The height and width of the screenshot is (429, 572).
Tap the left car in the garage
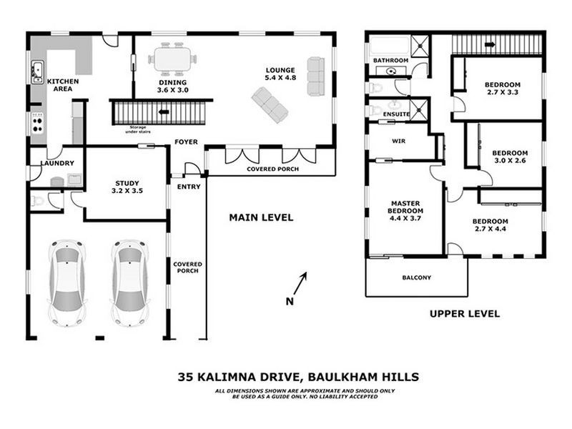click(67, 282)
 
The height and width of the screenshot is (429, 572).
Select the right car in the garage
click(130, 282)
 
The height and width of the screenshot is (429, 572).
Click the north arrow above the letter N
click(303, 278)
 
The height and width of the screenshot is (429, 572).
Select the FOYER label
click(186, 142)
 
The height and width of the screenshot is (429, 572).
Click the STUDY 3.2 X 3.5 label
click(127, 187)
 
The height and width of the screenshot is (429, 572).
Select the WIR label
click(399, 142)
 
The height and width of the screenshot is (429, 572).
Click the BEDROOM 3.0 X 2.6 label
click(509, 157)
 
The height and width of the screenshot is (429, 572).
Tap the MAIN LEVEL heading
click(260, 217)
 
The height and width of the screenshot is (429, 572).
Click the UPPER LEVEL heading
click(464, 313)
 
